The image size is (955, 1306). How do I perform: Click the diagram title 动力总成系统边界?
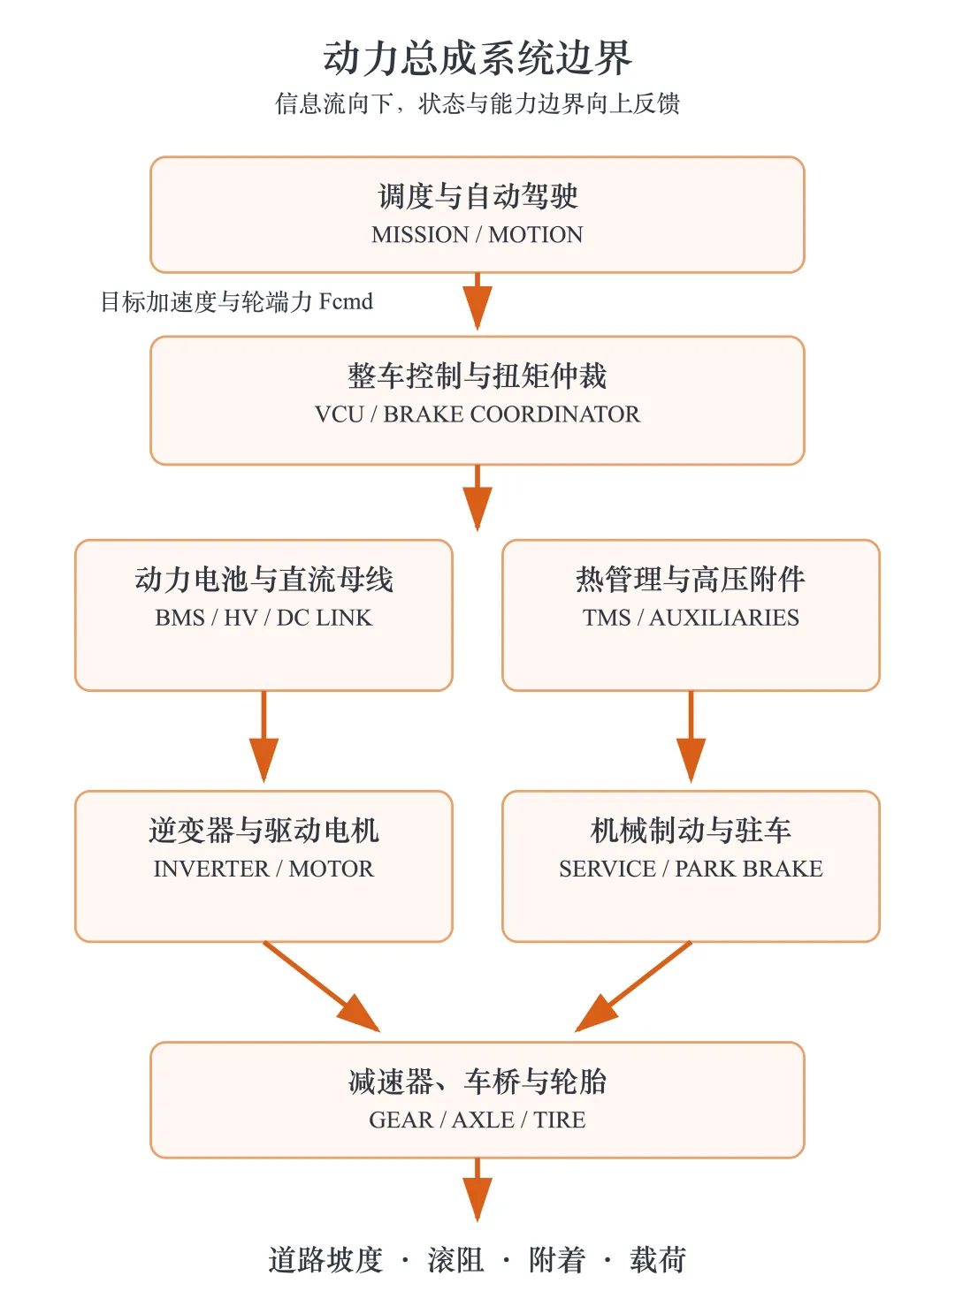[x=477, y=57]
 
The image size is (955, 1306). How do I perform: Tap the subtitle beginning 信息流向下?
[x=477, y=103]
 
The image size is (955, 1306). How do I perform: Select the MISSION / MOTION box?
[x=477, y=214]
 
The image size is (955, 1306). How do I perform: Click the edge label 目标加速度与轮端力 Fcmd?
[x=237, y=302]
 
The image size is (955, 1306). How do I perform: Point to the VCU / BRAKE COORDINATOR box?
[x=477, y=400]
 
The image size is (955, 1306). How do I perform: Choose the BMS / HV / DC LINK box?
[x=264, y=615]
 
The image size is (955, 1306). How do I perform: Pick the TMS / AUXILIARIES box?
[x=691, y=615]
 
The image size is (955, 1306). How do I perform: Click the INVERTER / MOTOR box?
[x=264, y=866]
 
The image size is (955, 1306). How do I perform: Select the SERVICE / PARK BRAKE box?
[x=691, y=866]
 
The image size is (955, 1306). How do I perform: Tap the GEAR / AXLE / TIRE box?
[x=477, y=1099]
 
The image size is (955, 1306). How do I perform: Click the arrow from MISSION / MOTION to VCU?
[x=477, y=301]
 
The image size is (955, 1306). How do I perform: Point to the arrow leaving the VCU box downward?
[x=477, y=497]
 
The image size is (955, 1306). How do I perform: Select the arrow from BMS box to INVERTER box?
[x=264, y=736]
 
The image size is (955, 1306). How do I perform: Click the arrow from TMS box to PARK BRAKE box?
[x=691, y=736]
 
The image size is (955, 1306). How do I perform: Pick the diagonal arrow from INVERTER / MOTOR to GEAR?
[x=322, y=986]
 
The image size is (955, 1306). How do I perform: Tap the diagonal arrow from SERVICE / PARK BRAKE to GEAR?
[x=633, y=986]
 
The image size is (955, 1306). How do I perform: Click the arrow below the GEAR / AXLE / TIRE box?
[x=477, y=1189]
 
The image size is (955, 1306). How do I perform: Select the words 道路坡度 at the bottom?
[x=325, y=1260]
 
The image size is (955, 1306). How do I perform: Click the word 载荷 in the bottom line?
[x=658, y=1260]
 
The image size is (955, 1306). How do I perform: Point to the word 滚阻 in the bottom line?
[x=455, y=1260]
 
